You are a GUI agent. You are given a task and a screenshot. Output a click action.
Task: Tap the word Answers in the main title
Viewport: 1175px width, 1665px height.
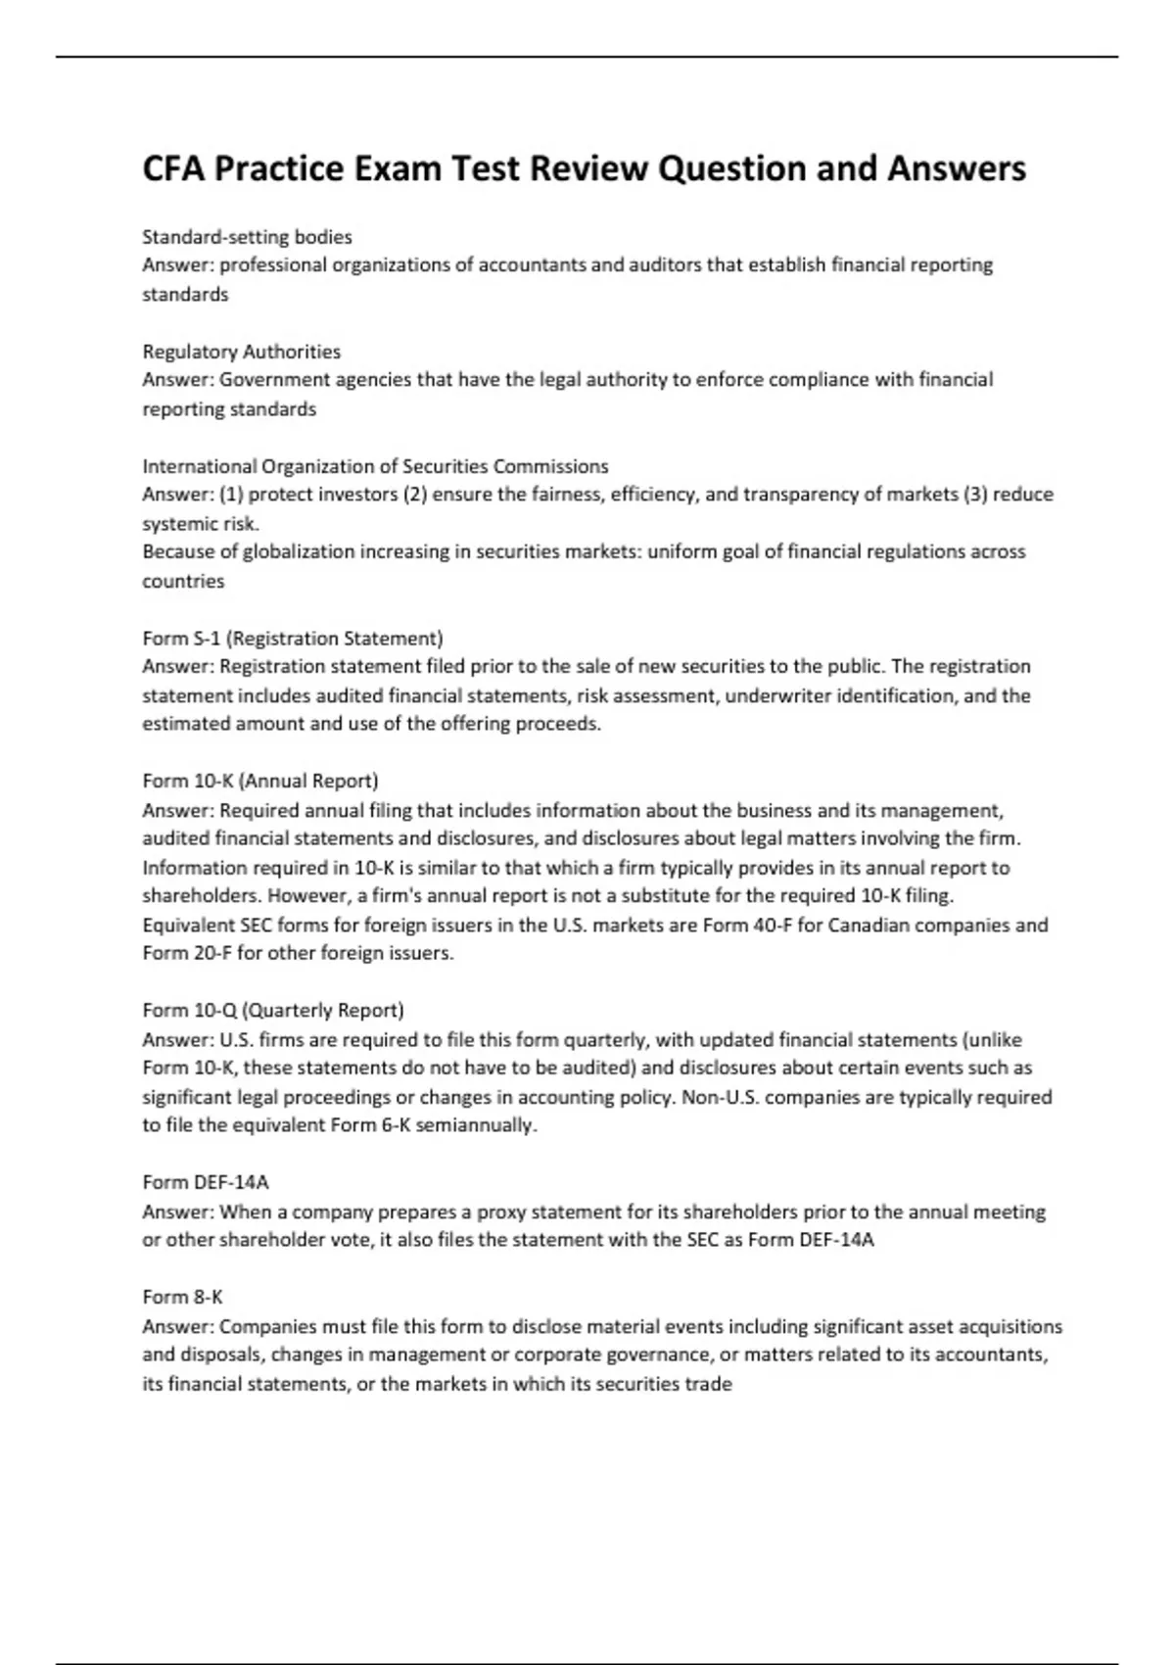(x=957, y=168)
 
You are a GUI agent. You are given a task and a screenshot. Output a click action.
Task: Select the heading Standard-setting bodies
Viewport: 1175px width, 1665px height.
(x=247, y=236)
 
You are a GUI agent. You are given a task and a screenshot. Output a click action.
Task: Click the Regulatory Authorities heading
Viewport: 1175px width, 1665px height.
(x=241, y=351)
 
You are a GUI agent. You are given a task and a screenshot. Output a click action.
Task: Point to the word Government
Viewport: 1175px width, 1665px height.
(x=274, y=379)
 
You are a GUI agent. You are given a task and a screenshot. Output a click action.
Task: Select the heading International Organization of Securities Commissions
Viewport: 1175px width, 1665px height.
(x=375, y=465)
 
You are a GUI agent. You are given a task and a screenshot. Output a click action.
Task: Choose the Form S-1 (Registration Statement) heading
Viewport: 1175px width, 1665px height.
(x=293, y=638)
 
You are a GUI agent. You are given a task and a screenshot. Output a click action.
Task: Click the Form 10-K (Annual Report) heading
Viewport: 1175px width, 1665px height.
(x=260, y=781)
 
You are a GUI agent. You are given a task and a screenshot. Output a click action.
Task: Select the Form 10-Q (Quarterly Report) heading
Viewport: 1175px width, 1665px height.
(x=273, y=1010)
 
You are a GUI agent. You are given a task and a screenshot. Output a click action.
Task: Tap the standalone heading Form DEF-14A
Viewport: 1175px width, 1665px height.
(x=206, y=1181)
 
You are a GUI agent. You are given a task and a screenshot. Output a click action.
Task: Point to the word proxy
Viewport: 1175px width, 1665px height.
(x=503, y=1212)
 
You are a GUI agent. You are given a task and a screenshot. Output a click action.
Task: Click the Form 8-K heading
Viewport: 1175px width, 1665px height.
(x=182, y=1296)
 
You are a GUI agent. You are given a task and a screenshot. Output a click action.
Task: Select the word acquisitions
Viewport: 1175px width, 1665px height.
(x=1013, y=1326)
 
